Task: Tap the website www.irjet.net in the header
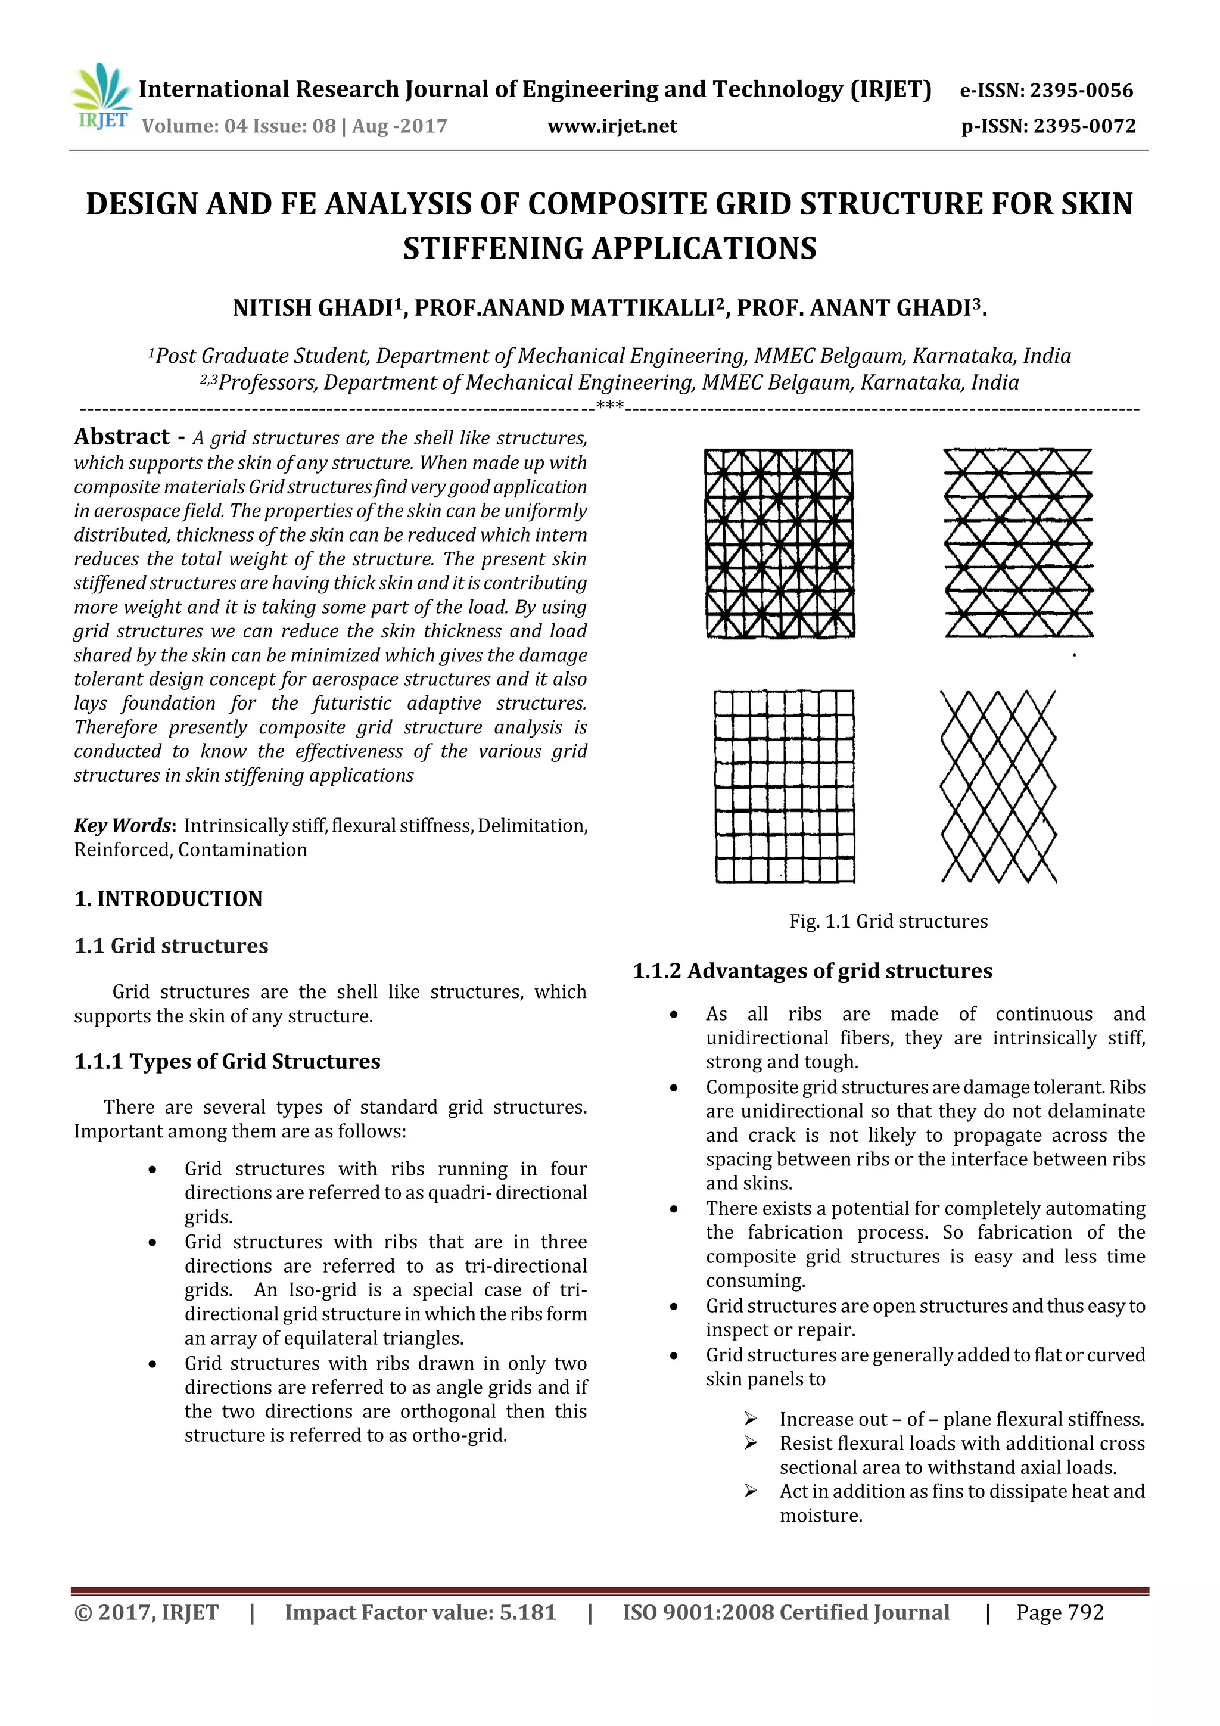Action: pos(612,126)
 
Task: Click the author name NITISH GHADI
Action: pos(313,308)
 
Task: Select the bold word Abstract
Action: pos(122,437)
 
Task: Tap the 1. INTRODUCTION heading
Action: pos(169,899)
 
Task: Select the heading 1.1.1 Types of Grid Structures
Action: pos(227,1062)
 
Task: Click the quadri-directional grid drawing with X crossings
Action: pos(780,543)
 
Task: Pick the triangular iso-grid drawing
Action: pos(1018,543)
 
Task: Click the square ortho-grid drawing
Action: pos(784,786)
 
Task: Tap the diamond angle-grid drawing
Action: pos(998,786)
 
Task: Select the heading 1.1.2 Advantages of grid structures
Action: pos(813,971)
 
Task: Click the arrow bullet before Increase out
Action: pos(750,1419)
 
